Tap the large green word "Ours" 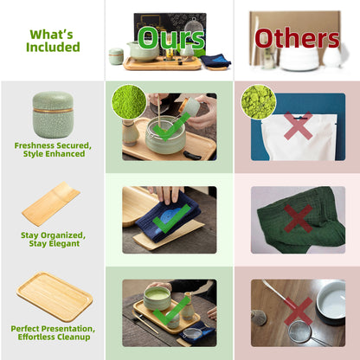click(171, 39)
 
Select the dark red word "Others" click(296, 38)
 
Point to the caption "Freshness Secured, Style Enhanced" click(53, 150)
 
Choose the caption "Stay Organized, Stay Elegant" click(53, 239)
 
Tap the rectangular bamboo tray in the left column click(55, 296)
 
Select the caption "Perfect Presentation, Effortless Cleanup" click(53, 333)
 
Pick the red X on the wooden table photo click(297, 310)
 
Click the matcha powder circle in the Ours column click(128, 101)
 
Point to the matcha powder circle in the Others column click(259, 101)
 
